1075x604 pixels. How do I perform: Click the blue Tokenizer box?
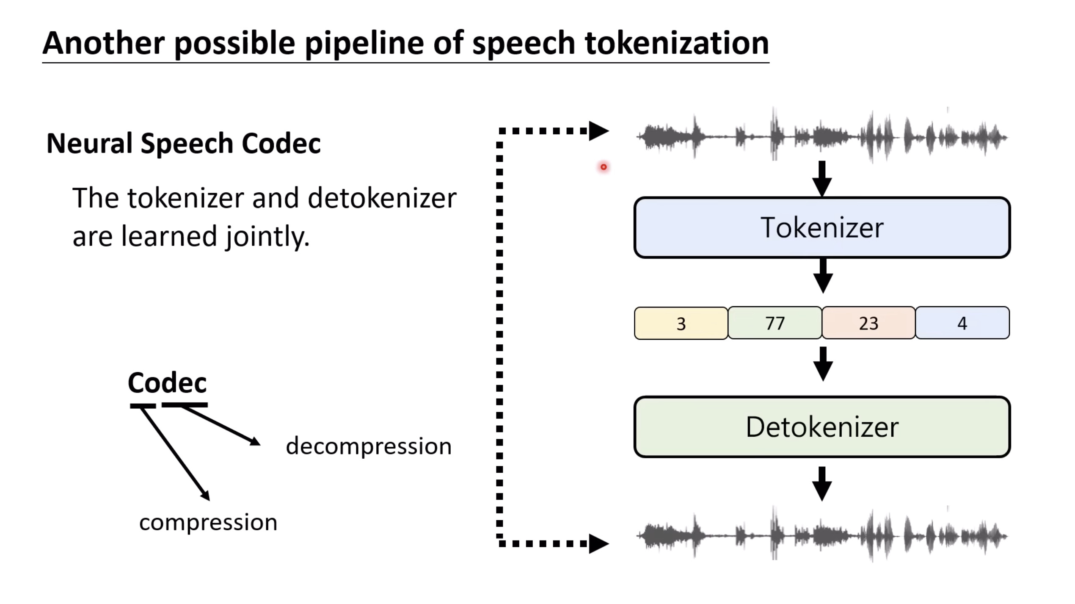point(822,228)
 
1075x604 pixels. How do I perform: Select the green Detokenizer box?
point(822,427)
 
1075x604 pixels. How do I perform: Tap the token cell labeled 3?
point(681,324)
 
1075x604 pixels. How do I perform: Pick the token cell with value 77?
point(775,324)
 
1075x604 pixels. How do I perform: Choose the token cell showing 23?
point(868,324)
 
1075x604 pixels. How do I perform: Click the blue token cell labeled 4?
point(962,324)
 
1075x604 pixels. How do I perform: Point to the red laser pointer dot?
point(604,167)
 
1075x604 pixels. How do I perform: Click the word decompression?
point(369,446)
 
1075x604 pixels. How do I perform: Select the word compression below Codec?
point(208,523)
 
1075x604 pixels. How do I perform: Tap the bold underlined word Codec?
point(167,383)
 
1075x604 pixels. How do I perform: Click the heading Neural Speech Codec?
point(183,143)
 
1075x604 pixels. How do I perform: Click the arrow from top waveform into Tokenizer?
point(822,179)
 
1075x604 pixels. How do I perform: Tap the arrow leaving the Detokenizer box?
point(822,484)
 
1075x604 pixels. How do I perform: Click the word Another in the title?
point(104,43)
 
